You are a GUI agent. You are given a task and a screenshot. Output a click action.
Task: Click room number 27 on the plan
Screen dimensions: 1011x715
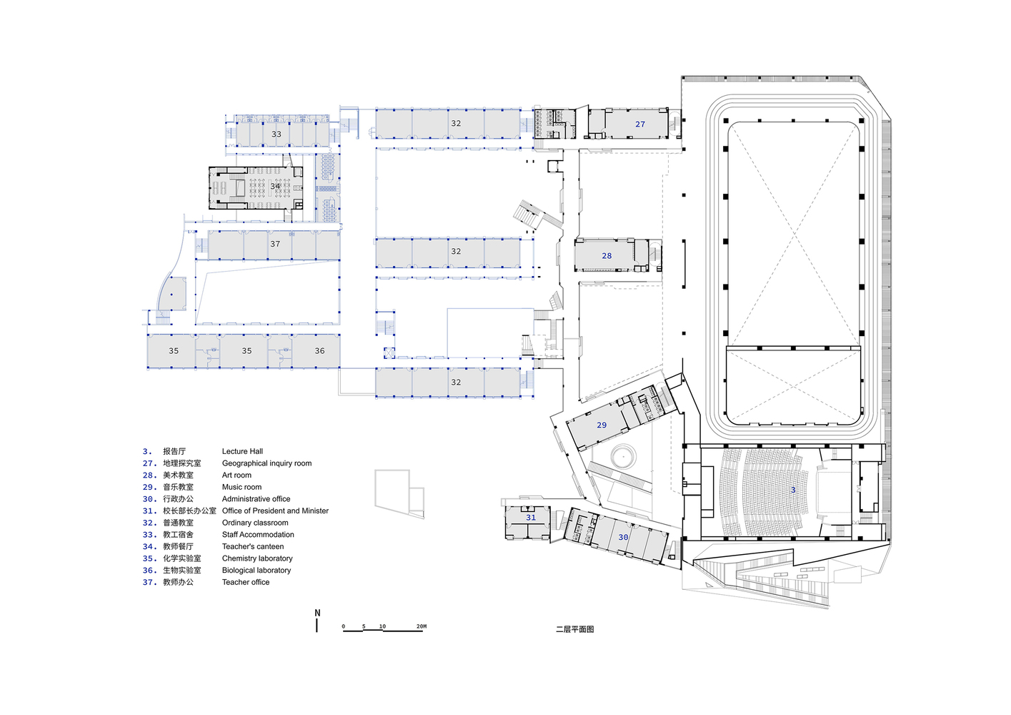(x=640, y=124)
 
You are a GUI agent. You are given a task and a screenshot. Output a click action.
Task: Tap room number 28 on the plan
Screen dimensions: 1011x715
(x=607, y=256)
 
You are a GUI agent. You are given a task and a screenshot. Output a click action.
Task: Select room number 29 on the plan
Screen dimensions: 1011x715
(x=602, y=425)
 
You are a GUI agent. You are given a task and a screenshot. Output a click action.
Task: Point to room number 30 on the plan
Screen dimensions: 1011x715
(x=623, y=537)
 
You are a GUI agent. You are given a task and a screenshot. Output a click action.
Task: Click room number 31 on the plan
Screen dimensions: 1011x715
(x=531, y=518)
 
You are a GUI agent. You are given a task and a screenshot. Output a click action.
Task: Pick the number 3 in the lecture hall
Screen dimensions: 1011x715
(x=793, y=490)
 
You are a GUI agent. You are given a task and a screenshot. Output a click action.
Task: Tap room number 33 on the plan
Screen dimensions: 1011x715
(x=277, y=134)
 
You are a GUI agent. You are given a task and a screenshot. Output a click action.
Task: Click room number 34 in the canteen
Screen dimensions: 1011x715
(x=275, y=186)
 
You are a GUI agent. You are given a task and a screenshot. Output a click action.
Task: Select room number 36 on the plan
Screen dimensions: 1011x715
(x=319, y=351)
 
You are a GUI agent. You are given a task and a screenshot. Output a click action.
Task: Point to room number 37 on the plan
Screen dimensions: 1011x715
(x=275, y=244)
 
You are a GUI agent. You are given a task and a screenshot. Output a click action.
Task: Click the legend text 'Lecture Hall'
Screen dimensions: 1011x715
(x=242, y=451)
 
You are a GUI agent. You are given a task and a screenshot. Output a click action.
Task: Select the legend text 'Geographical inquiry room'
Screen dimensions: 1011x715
(x=267, y=463)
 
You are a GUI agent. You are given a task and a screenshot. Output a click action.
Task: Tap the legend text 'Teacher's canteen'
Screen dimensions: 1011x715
(x=253, y=546)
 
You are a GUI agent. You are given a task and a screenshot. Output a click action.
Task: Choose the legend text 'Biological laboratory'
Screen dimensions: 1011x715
(x=257, y=571)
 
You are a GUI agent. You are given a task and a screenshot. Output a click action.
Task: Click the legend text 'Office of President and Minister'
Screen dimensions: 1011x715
(x=275, y=511)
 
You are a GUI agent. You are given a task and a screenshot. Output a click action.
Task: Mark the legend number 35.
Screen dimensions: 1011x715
(x=150, y=558)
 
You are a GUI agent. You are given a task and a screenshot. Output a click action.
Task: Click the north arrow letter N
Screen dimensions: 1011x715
(x=317, y=613)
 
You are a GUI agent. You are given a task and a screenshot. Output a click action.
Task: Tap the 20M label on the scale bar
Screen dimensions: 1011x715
(x=422, y=626)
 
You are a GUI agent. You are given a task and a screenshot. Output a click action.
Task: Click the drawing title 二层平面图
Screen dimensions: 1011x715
(x=575, y=629)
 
